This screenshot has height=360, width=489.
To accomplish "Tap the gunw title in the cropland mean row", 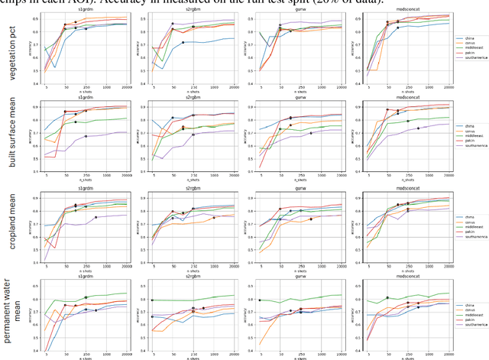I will click(x=293, y=186).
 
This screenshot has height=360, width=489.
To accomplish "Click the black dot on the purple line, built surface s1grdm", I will click(x=86, y=136).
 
